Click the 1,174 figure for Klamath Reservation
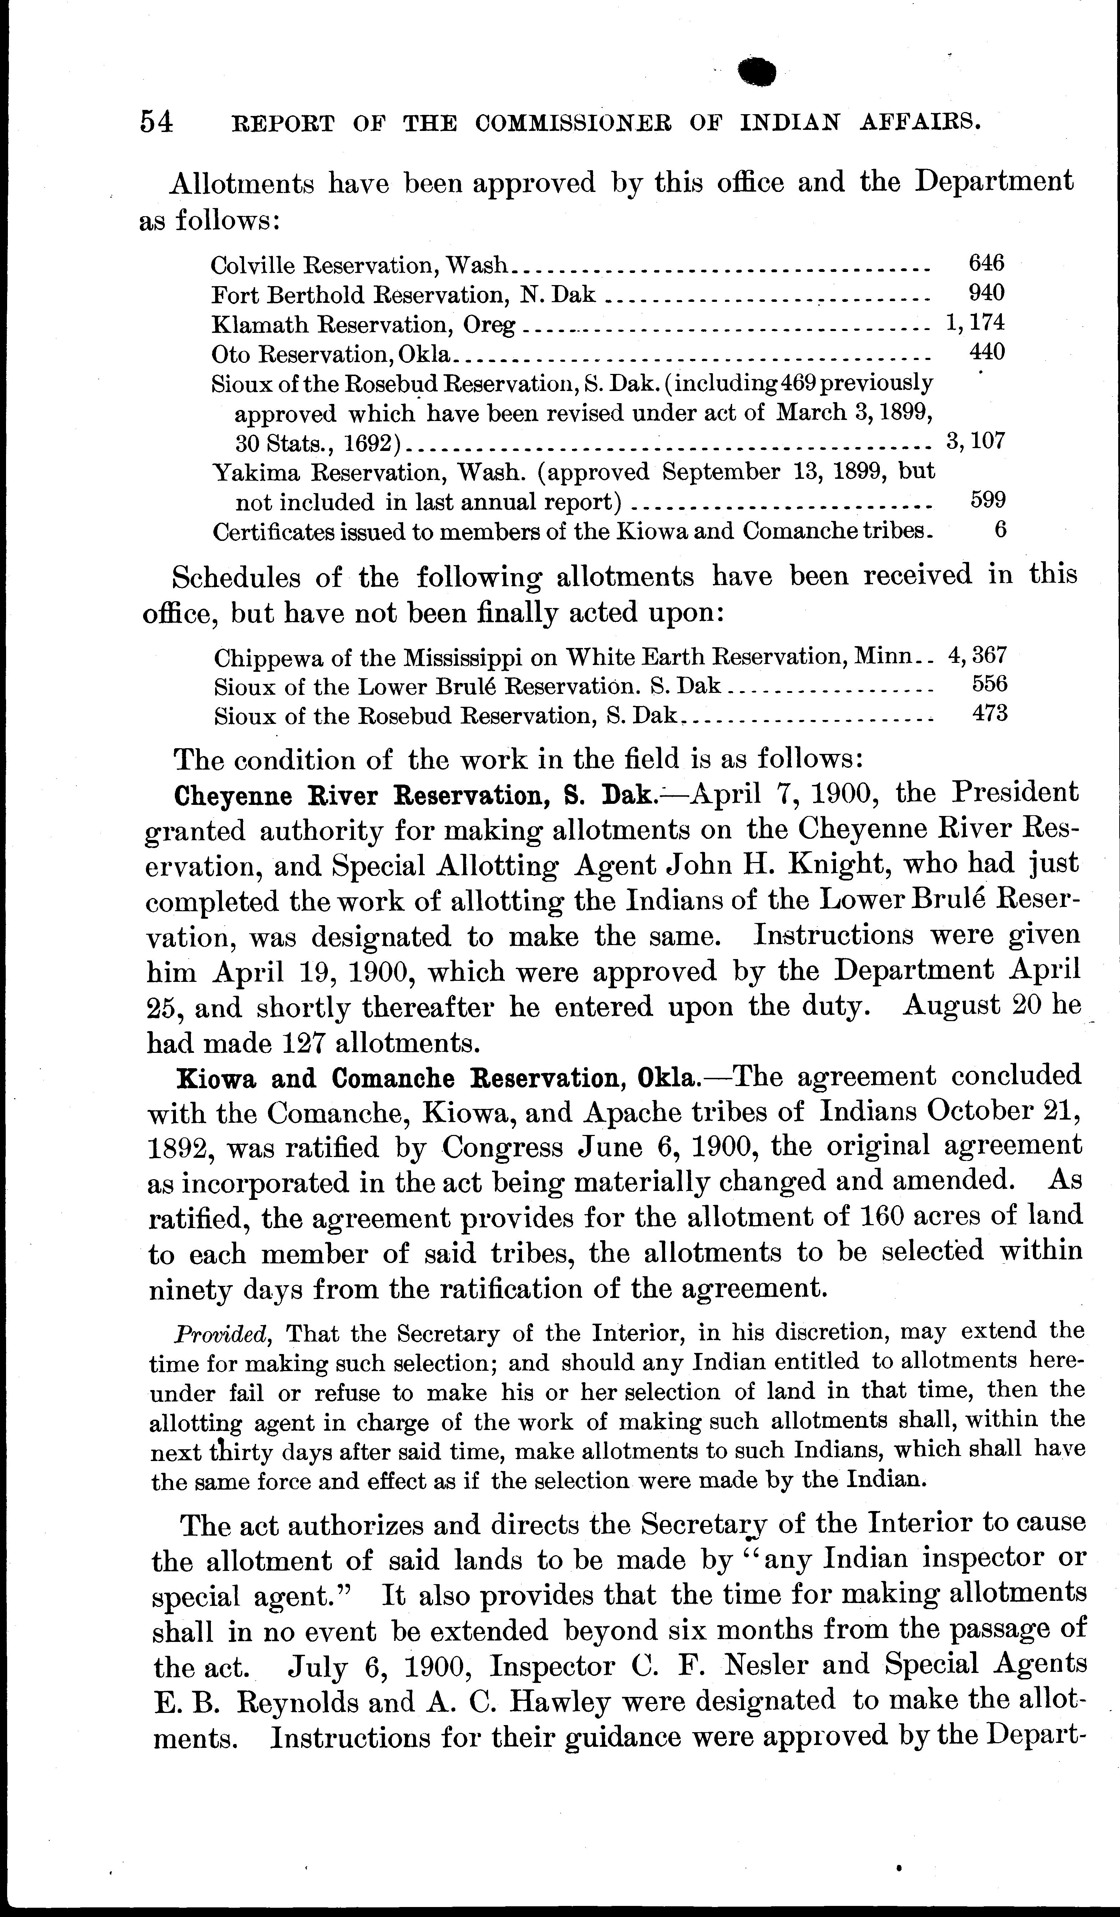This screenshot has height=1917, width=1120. (975, 323)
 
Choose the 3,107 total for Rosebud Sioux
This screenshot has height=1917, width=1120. (975, 441)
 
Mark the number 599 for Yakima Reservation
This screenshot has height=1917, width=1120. (988, 500)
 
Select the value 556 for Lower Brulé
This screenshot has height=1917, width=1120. (989, 684)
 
